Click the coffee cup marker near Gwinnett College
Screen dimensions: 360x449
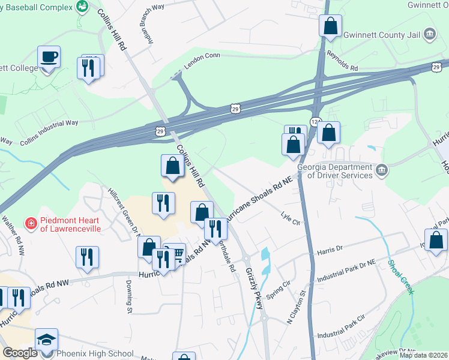pyautogui.click(x=49, y=58)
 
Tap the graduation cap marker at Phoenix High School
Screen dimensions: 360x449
pyautogui.click(x=47, y=340)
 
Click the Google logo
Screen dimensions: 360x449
pyautogui.click(x=20, y=353)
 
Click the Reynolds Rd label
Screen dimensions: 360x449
pyautogui.click(x=342, y=53)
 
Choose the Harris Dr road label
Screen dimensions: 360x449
pyautogui.click(x=330, y=247)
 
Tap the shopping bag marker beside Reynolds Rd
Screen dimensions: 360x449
pyautogui.click(x=330, y=26)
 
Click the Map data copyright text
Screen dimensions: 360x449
pyautogui.click(x=423, y=355)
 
